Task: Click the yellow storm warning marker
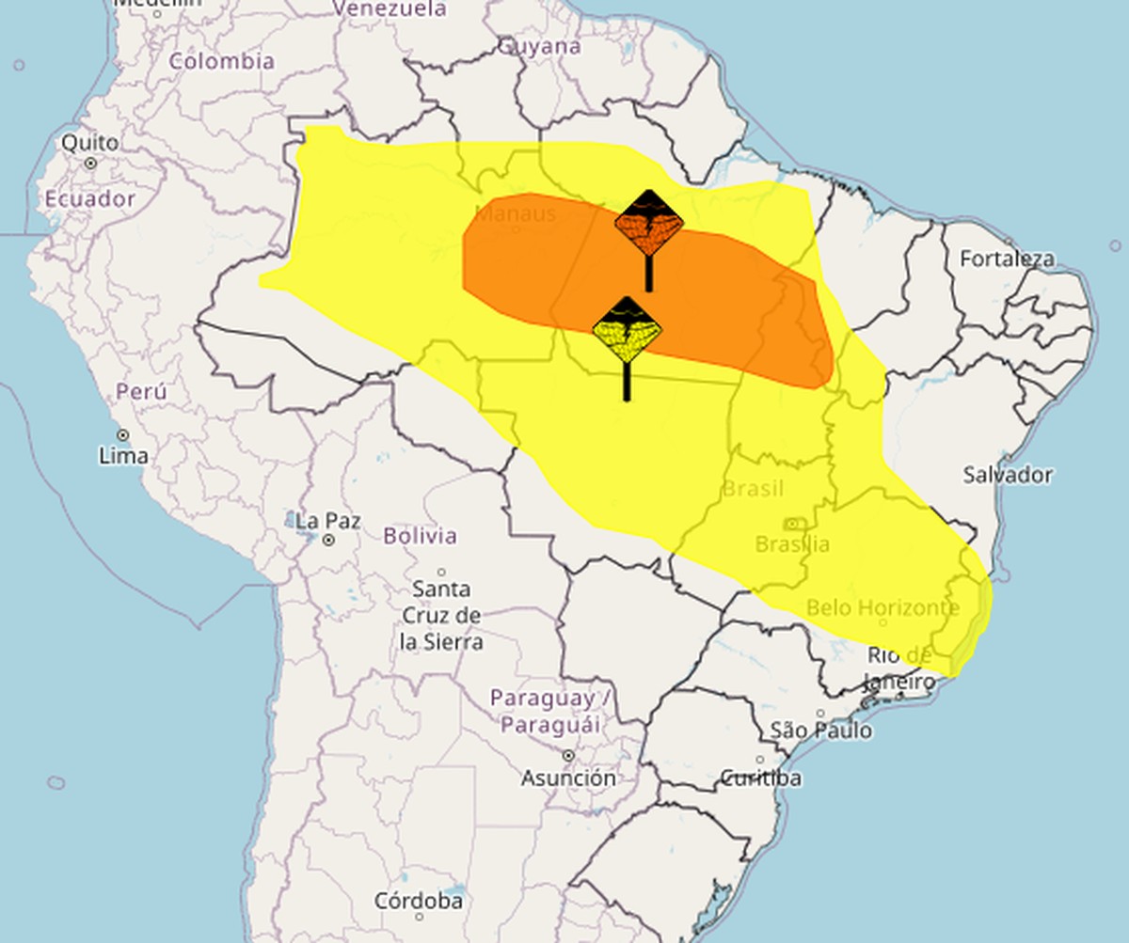tap(627, 332)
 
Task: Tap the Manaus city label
tap(516, 213)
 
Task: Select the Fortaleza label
tap(1008, 259)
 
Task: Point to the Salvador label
tap(1008, 475)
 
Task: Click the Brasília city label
tap(792, 544)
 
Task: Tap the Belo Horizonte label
tap(883, 608)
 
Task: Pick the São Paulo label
tap(820, 731)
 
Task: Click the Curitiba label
tap(761, 778)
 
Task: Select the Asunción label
tap(569, 778)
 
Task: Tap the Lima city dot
tap(123, 434)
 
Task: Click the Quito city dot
tap(90, 163)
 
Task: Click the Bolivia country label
tap(421, 536)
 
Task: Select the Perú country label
tap(141, 391)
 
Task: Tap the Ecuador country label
tap(90, 199)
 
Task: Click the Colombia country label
tap(222, 61)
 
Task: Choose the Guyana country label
tap(539, 46)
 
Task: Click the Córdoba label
tap(419, 901)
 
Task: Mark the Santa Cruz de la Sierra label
tap(441, 616)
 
